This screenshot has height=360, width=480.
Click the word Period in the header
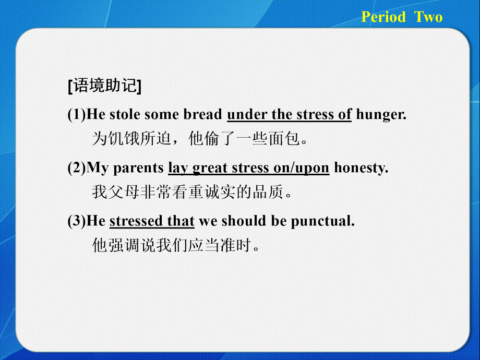pyautogui.click(x=383, y=17)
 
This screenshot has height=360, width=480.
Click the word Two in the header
pyautogui.click(x=429, y=17)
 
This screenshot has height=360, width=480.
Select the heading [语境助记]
pyautogui.click(x=104, y=87)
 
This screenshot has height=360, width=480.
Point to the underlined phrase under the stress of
pyautogui.click(x=290, y=114)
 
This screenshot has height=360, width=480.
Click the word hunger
pyautogui.click(x=380, y=114)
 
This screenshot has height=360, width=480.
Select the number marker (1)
pyautogui.click(x=77, y=114)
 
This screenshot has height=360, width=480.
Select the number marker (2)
pyautogui.click(x=77, y=168)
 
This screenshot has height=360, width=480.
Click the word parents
pyautogui.click(x=138, y=168)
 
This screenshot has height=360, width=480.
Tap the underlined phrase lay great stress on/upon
pyautogui.click(x=248, y=168)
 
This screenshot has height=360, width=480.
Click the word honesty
pyautogui.click(x=361, y=168)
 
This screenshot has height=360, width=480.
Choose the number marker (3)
pyautogui.click(x=77, y=221)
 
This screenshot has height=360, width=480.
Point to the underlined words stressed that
pyautogui.click(x=152, y=221)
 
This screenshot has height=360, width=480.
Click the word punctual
pyautogui.click(x=322, y=221)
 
